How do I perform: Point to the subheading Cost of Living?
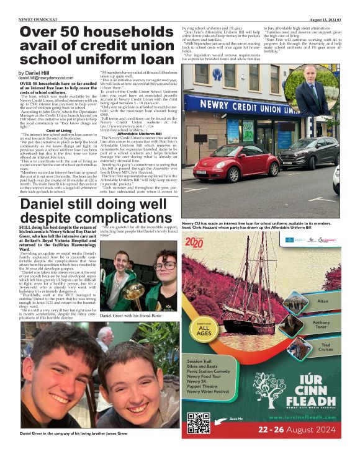coord(59,130)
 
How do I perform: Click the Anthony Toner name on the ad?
coord(321,326)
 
